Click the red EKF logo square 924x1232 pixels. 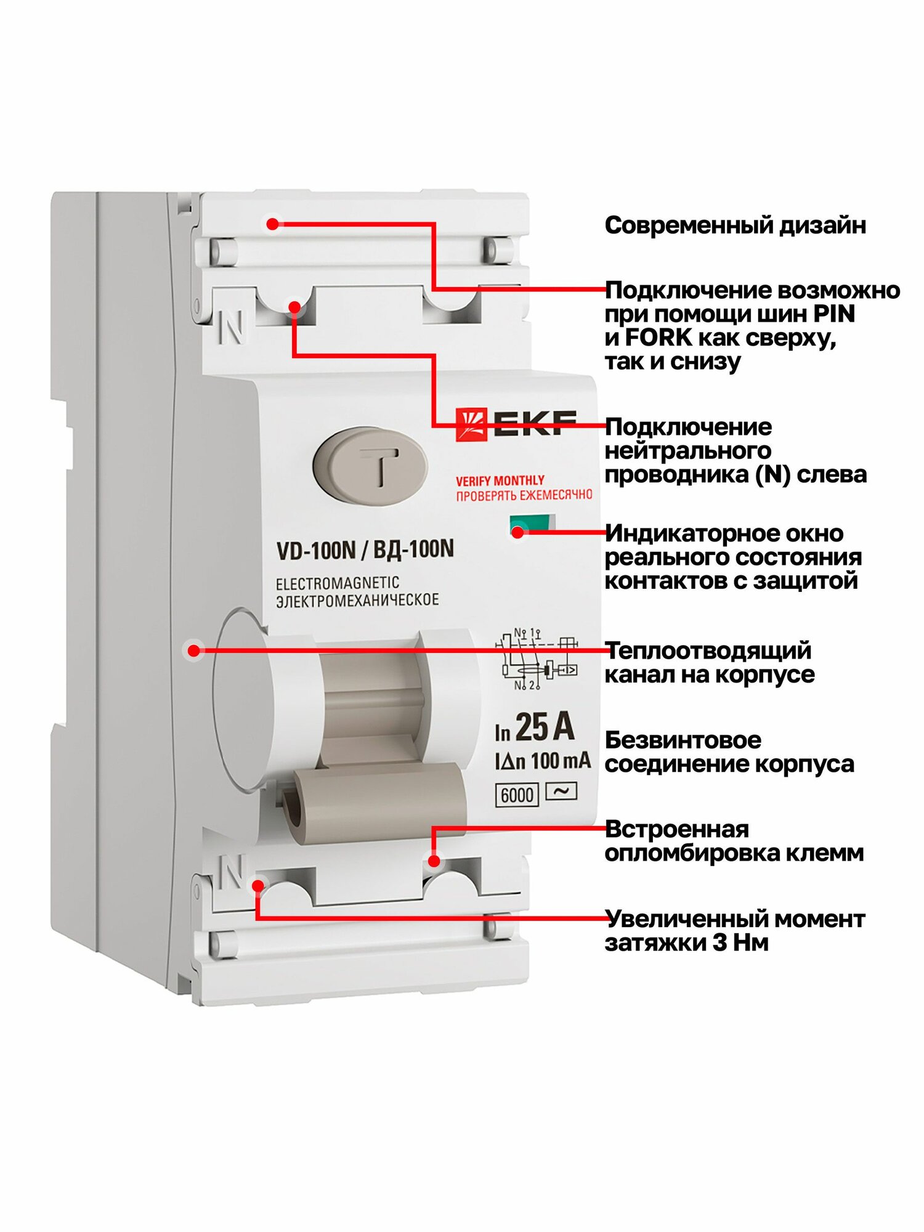[x=471, y=424]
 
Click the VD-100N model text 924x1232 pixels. [x=316, y=550]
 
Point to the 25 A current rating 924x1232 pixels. [x=544, y=727]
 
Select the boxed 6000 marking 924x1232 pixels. [x=517, y=795]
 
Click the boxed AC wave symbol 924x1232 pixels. [x=561, y=791]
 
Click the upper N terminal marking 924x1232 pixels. [x=232, y=327]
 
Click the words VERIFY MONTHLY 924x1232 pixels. [x=500, y=480]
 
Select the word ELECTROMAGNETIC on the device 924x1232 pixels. [x=337, y=583]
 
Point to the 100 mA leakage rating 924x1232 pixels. [x=560, y=761]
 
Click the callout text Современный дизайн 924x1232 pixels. [x=735, y=225]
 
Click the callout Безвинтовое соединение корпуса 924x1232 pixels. [x=729, y=752]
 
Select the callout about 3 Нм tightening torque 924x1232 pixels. [x=734, y=930]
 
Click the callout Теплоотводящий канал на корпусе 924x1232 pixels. [x=708, y=662]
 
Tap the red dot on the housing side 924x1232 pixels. [x=194, y=650]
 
